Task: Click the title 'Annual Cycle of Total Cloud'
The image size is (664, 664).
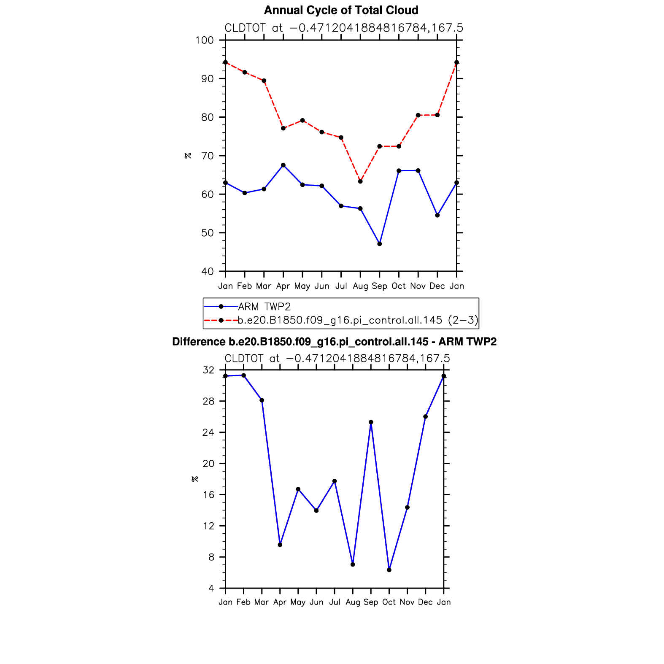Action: [341, 10]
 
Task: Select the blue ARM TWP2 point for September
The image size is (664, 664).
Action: [380, 244]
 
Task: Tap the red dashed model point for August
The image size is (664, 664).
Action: [360, 181]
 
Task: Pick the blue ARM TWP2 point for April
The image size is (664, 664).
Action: [283, 165]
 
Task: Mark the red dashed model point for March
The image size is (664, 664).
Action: [264, 81]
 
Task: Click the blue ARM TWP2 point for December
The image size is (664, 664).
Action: [437, 215]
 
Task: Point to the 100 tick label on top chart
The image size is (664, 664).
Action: [205, 40]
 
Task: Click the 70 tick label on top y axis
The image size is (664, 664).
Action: [207, 156]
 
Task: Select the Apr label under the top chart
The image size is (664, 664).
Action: [283, 286]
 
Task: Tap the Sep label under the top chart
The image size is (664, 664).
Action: [380, 286]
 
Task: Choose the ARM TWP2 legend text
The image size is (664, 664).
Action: [265, 307]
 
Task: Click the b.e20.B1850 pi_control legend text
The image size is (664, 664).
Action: [358, 320]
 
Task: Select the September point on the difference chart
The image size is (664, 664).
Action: [371, 422]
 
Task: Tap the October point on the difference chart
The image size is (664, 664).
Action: [389, 570]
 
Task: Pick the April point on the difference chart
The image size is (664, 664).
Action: [280, 545]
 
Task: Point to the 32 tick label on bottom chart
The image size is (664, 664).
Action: [208, 370]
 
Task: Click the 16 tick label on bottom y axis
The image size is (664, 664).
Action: [208, 495]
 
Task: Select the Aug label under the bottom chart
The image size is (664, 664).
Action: [353, 602]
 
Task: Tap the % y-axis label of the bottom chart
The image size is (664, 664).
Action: [194, 479]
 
